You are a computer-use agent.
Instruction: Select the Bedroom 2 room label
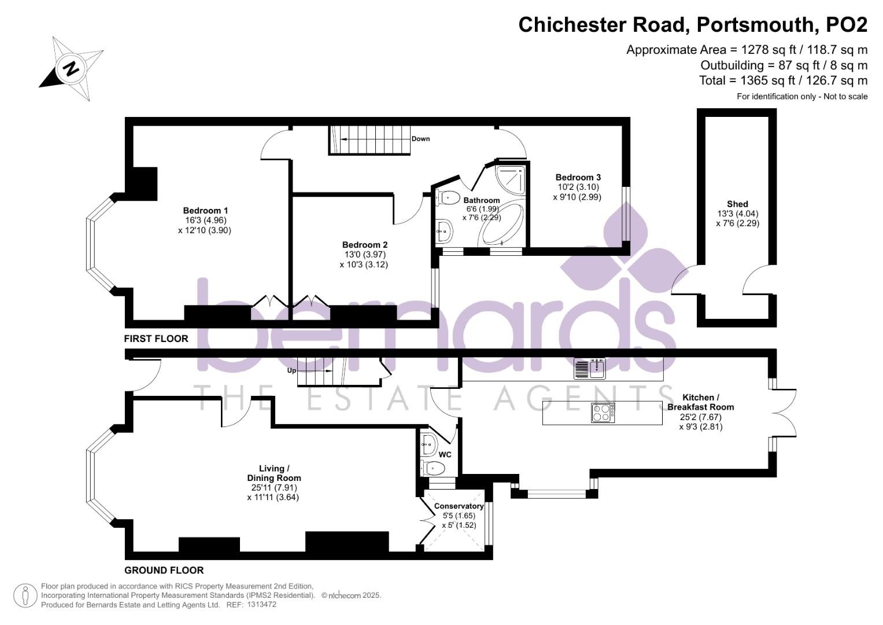point(364,245)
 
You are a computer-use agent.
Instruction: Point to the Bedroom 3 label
point(578,177)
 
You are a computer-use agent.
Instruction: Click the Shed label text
point(737,204)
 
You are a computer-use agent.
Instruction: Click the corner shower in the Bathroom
point(511,179)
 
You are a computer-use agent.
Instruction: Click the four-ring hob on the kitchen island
point(602,412)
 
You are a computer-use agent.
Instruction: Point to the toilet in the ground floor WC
point(431,468)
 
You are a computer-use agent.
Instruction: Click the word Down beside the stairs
point(420,139)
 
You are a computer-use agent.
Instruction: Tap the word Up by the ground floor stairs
point(292,370)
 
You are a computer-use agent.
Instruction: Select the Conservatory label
point(459,506)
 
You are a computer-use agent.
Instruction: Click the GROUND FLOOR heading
point(164,570)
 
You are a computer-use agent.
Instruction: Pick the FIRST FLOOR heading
point(156,339)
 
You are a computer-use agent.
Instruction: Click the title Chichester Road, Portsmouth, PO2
point(693,25)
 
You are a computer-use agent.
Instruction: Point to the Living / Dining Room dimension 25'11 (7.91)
point(273,487)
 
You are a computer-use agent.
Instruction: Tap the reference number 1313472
point(261,605)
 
